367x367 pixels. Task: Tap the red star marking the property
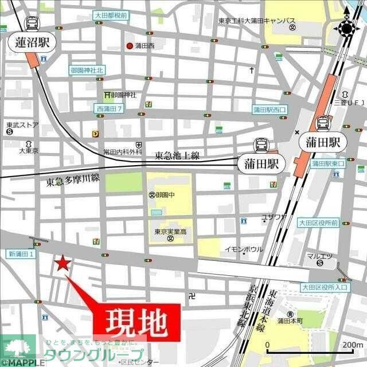62,264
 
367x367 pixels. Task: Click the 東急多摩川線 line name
73,181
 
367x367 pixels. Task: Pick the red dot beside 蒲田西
130,46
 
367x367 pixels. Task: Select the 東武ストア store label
22,124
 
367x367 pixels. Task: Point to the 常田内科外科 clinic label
122,152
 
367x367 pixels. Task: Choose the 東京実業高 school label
170,232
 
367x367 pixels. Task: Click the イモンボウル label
243,249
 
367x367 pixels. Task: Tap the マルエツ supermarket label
319,256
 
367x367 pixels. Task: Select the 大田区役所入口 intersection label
325,287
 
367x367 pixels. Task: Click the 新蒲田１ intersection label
22,253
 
